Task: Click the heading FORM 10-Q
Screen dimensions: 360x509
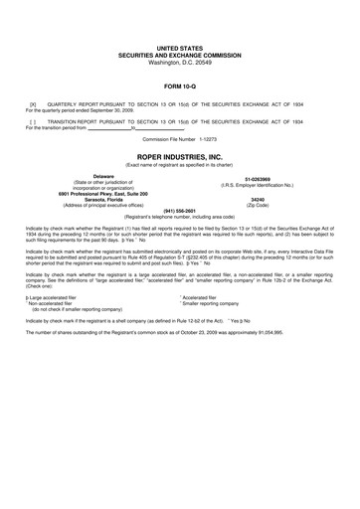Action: point(179,85)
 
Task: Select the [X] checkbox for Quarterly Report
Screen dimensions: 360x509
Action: point(34,102)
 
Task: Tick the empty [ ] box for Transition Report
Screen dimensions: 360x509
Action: point(33,120)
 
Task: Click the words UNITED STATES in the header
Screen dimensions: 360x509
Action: point(179,48)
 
